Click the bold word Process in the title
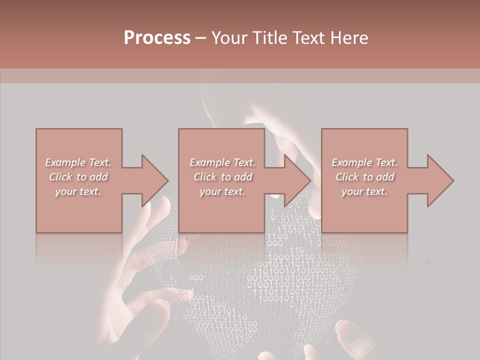coord(157,38)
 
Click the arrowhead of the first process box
coord(153,180)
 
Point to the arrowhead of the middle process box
coord(296,180)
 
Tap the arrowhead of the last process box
coord(439,180)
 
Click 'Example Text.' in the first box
coord(78,162)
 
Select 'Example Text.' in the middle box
coord(222,162)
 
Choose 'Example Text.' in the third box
coord(364,162)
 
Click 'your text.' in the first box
coord(78,191)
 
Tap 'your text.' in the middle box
coord(222,191)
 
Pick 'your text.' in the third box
coord(364,191)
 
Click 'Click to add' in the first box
coord(78,177)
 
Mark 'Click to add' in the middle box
coord(222,177)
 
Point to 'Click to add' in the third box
coord(364,177)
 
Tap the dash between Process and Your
coord(201,38)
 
